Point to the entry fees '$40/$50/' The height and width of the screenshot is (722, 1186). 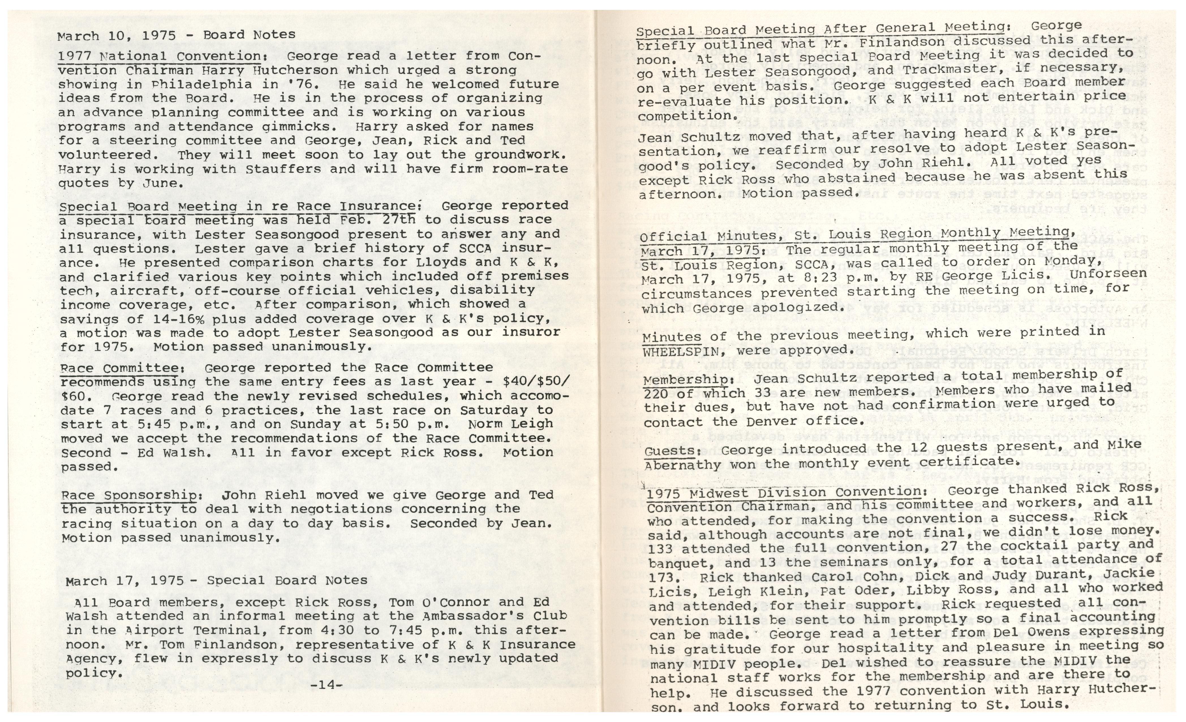[535, 381]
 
